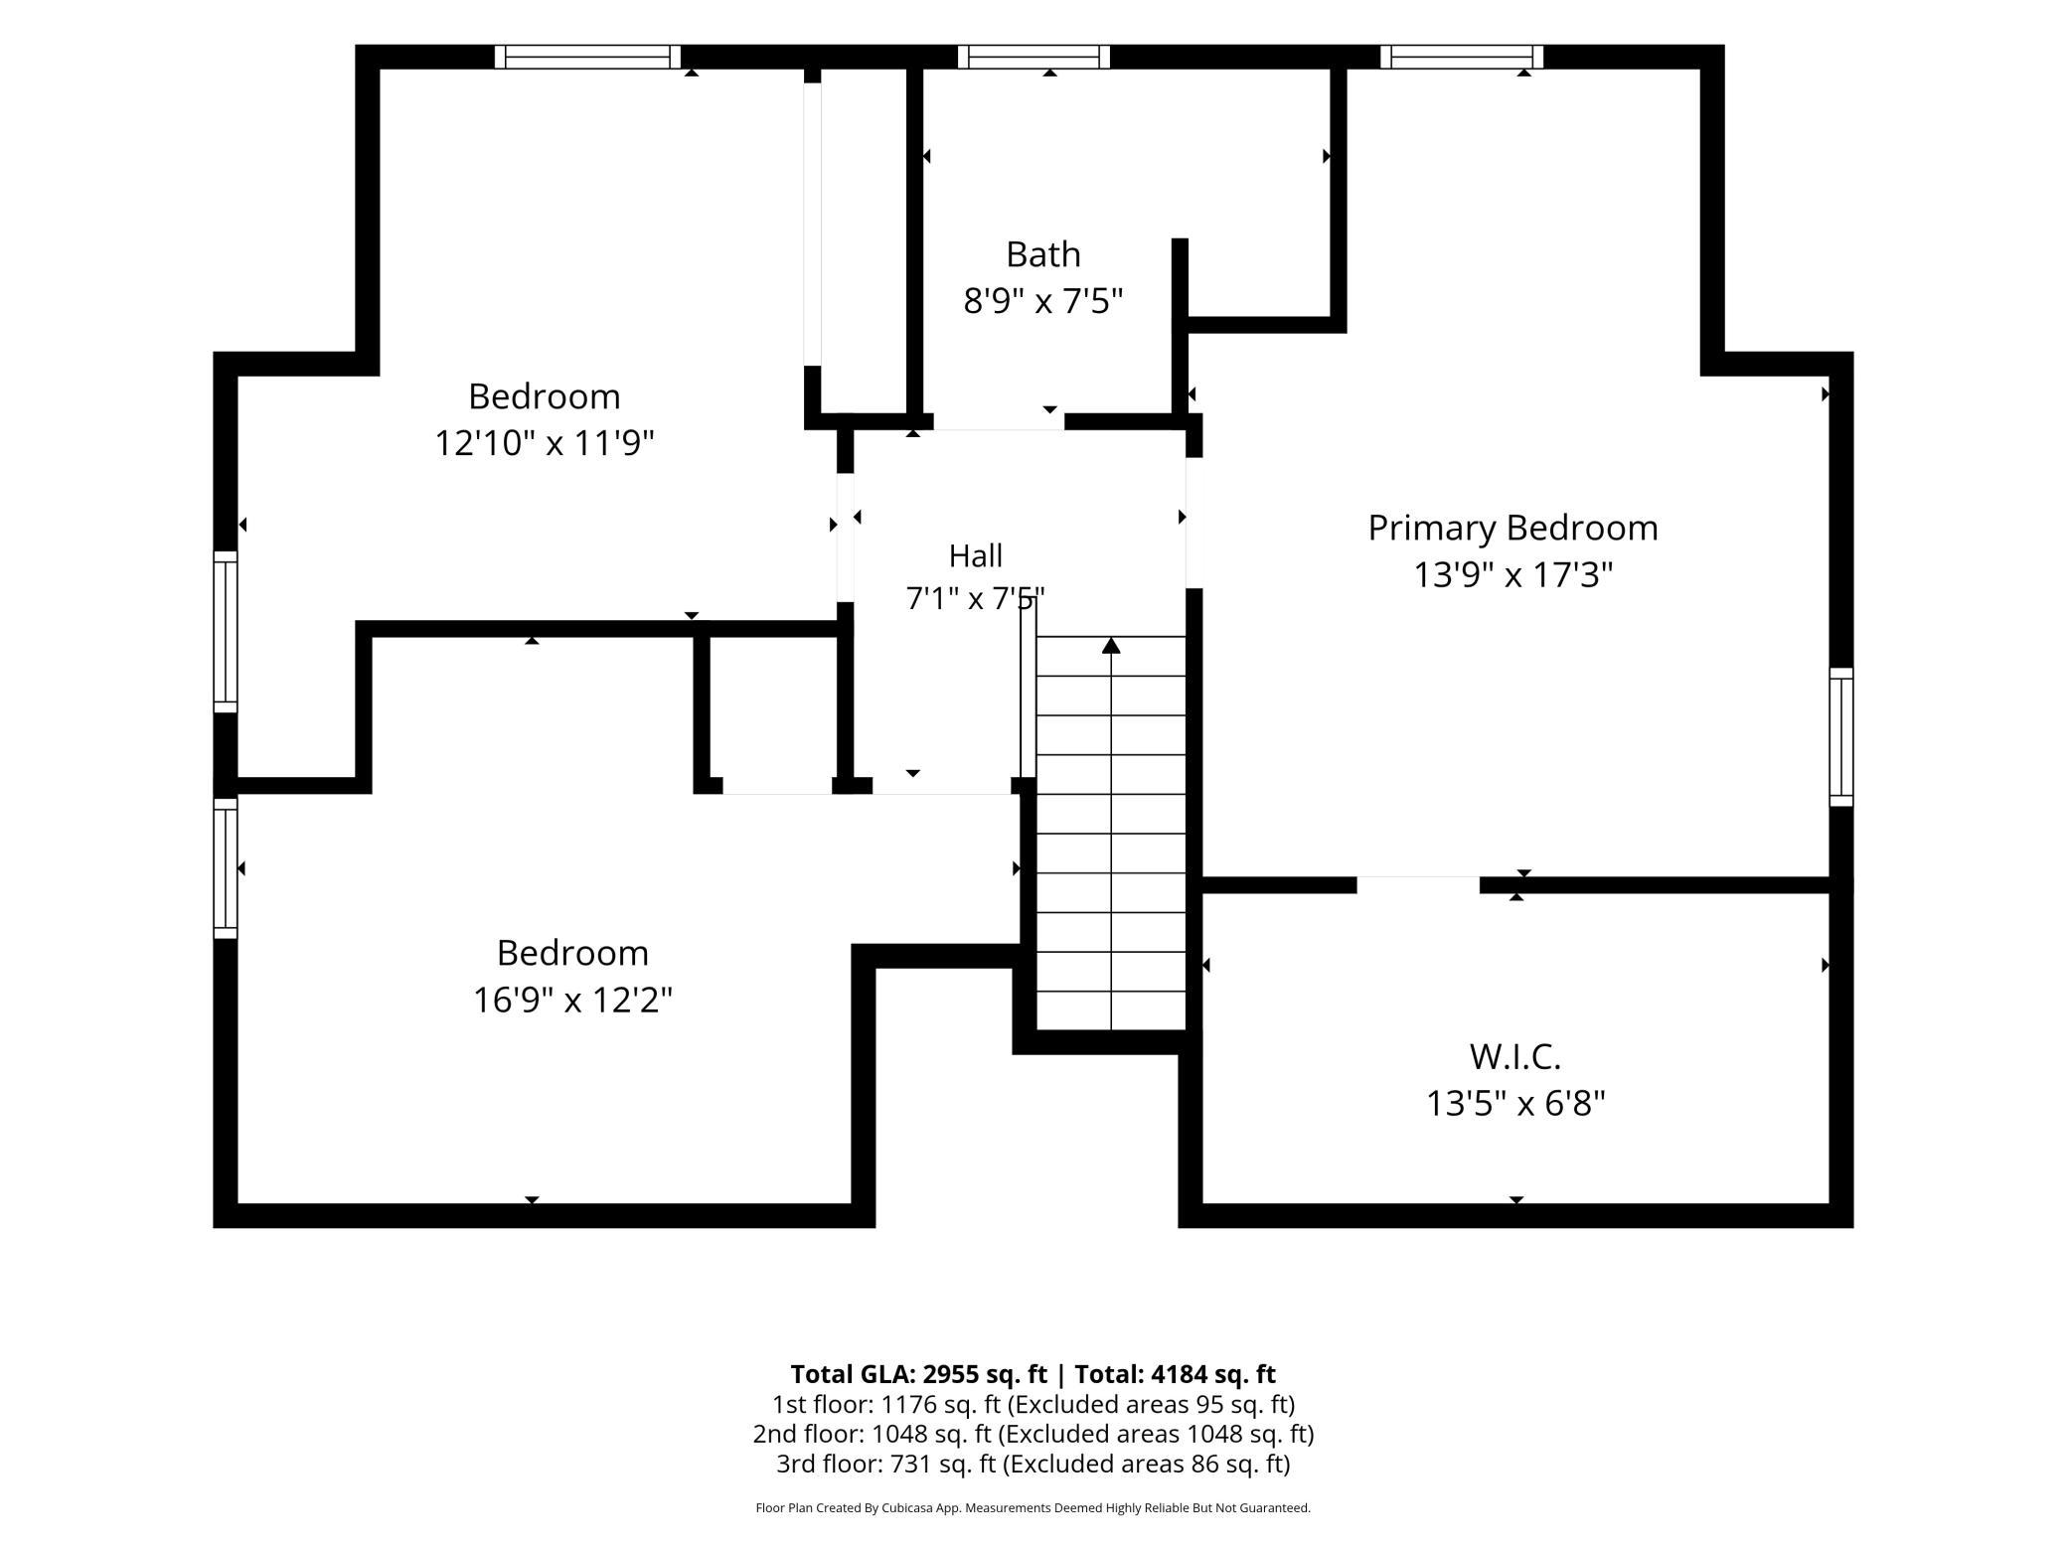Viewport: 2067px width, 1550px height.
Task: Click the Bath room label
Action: [x=1042, y=254]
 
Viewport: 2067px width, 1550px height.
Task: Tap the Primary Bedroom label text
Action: [x=1512, y=528]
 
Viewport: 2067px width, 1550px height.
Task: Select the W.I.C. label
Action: [x=1515, y=1056]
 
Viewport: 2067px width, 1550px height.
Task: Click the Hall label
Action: [x=975, y=555]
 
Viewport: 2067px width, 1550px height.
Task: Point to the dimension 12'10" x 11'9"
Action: [x=545, y=442]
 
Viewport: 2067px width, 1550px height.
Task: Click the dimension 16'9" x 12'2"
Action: [x=572, y=1000]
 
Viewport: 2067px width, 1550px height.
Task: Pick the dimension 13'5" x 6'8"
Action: [x=1515, y=1104]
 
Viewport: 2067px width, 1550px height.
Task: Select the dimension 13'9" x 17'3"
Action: [x=1512, y=574]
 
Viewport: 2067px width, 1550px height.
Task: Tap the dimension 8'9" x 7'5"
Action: [x=1042, y=300]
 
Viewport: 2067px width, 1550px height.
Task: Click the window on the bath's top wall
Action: [x=1033, y=57]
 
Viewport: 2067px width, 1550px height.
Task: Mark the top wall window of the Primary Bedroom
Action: [x=1462, y=57]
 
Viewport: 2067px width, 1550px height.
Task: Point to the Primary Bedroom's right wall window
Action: [x=1841, y=736]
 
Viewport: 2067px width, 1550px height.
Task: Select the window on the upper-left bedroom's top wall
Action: [x=587, y=57]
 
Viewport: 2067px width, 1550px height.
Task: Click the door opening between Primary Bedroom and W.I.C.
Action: [x=1418, y=884]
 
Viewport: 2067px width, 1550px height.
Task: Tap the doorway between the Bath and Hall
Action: [x=999, y=422]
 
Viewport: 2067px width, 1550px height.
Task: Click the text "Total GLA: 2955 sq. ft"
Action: [x=918, y=1374]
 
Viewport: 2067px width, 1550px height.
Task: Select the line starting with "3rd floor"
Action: [x=1033, y=1464]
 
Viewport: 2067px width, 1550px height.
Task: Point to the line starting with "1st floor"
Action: [x=1033, y=1404]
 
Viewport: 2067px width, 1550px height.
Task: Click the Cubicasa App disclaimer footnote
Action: [x=1033, y=1508]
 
